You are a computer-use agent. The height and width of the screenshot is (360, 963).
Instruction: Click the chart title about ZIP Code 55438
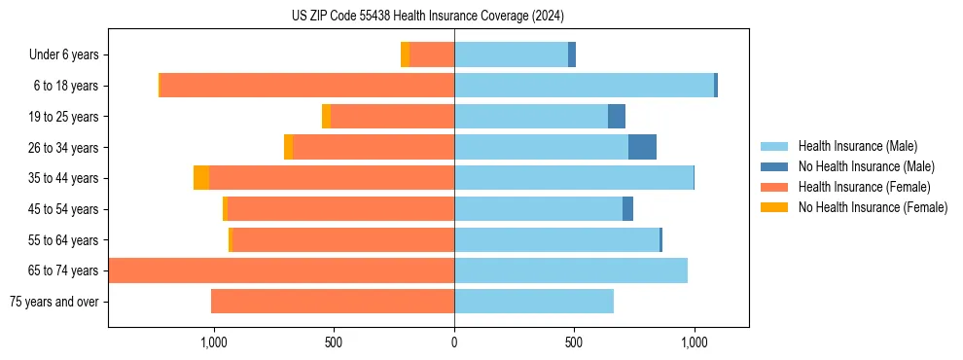tap(427, 16)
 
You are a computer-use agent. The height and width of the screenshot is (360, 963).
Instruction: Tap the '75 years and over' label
tap(53, 302)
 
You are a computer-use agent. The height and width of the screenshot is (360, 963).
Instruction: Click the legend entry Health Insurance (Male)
tap(857, 146)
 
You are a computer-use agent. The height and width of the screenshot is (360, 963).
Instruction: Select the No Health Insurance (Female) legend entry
tap(873, 207)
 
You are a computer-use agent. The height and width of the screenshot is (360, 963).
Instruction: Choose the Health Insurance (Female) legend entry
tap(864, 187)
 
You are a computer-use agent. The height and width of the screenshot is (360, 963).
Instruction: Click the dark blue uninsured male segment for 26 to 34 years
tap(642, 147)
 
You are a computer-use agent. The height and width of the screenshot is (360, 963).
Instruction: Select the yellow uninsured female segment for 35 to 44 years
tap(201, 178)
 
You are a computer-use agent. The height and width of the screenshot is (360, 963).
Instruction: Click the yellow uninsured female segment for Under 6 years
tap(405, 54)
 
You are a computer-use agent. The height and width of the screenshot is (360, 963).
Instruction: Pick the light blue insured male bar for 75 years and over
tap(534, 302)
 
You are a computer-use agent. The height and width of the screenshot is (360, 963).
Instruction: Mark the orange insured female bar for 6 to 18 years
tap(306, 86)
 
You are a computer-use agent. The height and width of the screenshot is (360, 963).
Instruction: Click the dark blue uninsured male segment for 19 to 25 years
tap(617, 117)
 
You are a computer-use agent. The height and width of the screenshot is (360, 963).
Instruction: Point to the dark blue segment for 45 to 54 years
tap(628, 209)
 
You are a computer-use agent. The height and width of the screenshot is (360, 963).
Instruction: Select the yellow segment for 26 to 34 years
tap(288, 147)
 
